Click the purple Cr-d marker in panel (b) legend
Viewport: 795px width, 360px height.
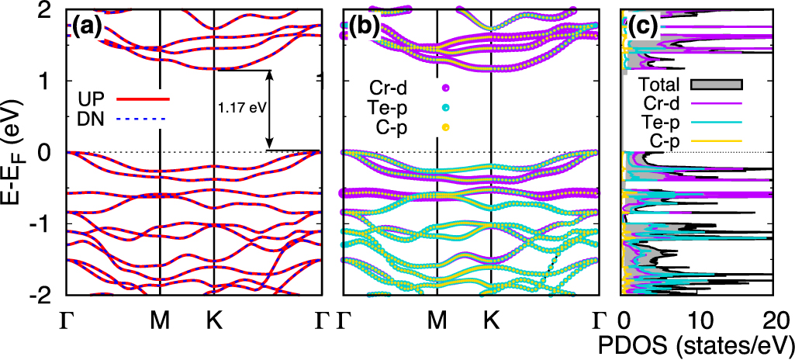[446, 88]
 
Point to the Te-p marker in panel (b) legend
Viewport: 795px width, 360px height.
[446, 107]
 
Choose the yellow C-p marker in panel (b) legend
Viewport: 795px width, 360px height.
[446, 126]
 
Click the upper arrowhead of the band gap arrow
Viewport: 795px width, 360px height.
[270, 74]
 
